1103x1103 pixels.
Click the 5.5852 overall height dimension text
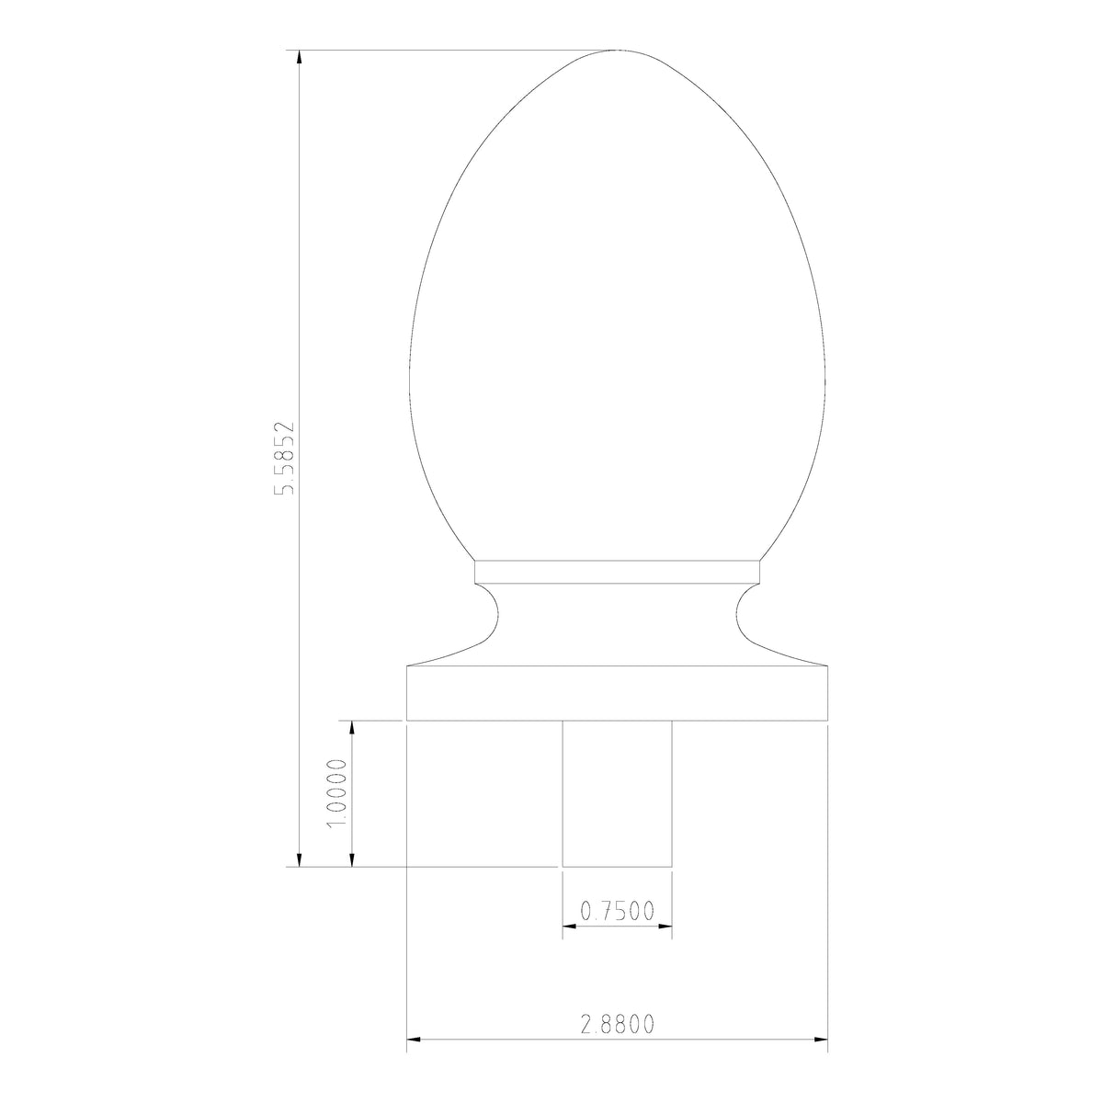(287, 459)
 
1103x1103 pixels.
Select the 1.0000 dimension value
(336, 792)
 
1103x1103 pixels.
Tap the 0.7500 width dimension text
(617, 911)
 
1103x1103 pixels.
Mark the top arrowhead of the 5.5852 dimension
(299, 57)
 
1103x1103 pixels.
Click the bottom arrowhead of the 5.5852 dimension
(299, 859)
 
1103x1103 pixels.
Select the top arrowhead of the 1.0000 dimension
(351, 728)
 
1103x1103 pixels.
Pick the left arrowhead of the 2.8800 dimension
(415, 1040)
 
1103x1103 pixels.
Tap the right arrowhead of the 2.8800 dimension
(821, 1040)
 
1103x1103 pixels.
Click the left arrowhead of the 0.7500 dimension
(569, 927)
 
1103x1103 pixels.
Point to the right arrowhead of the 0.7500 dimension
(665, 927)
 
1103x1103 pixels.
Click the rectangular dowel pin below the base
(617, 792)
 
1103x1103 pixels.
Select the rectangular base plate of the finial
(617, 692)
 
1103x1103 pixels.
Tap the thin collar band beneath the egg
(617, 573)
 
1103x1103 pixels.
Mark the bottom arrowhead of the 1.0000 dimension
(351, 859)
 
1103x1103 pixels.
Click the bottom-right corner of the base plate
(828, 720)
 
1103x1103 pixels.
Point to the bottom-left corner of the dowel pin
(563, 866)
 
